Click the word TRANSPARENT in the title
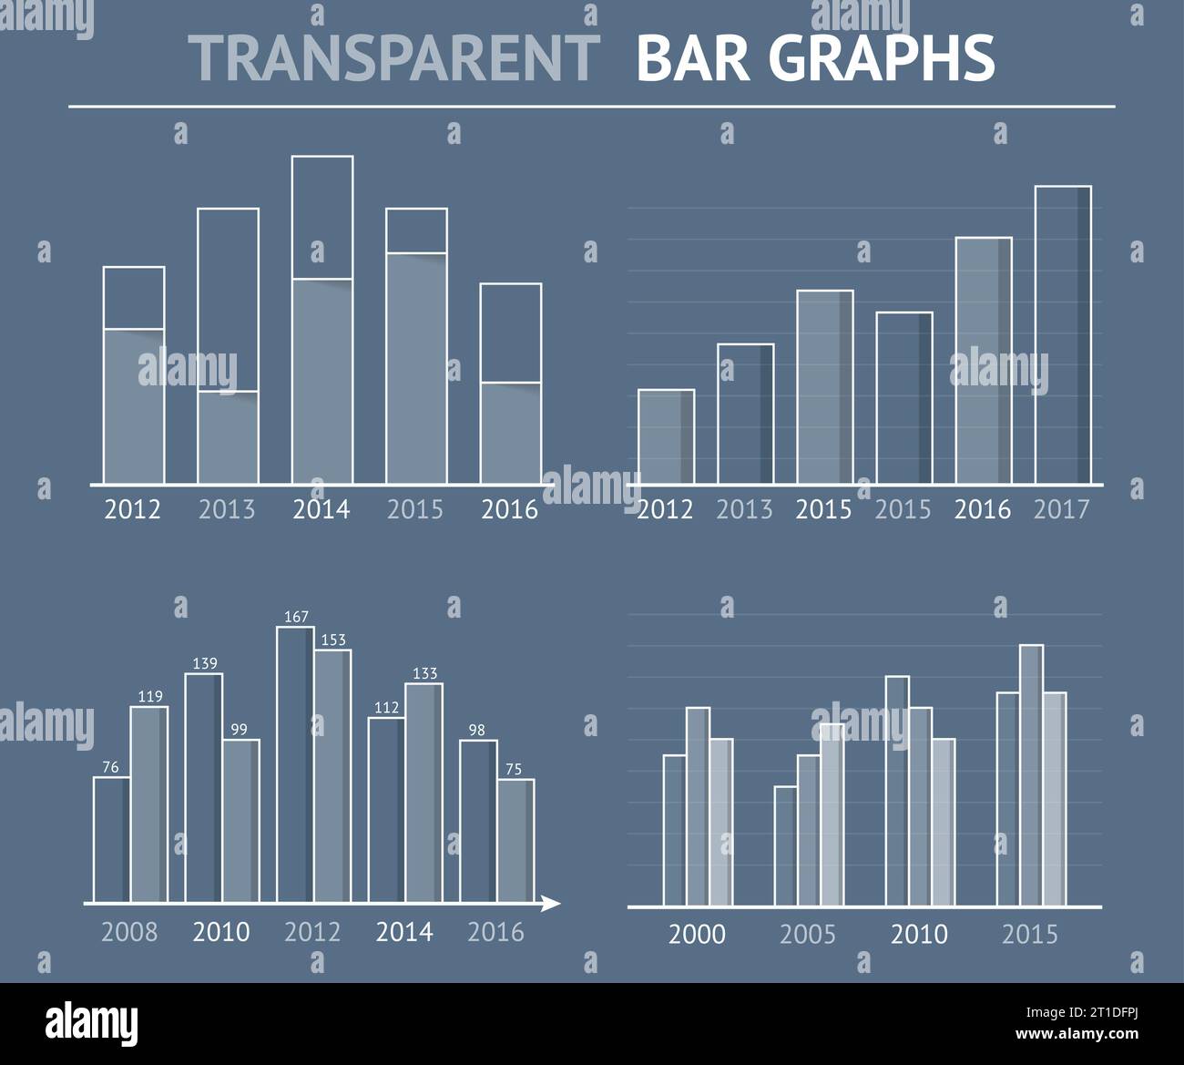point(393,57)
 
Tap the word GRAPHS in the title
point(882,57)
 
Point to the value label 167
point(296,617)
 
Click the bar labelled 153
point(332,774)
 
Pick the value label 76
point(110,767)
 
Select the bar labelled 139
point(203,788)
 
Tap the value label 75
point(514,769)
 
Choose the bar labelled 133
point(424,793)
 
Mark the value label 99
point(239,729)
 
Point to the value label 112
point(387,708)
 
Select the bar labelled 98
point(478,820)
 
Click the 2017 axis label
point(1061,509)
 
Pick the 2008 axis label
point(129,932)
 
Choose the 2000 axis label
point(697,934)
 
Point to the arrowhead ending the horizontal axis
point(550,904)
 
